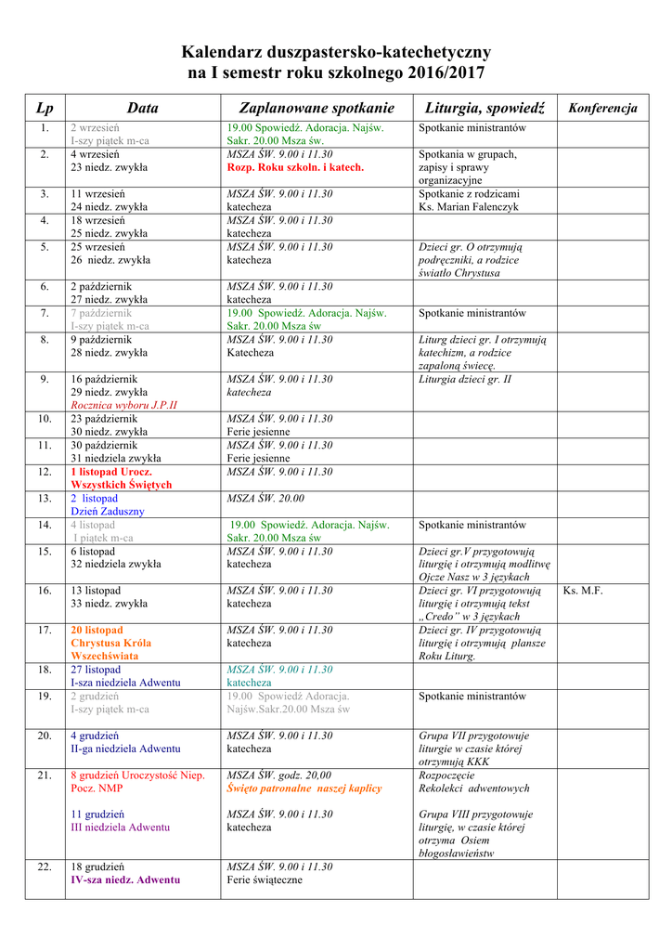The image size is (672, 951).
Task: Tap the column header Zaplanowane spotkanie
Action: click(x=317, y=109)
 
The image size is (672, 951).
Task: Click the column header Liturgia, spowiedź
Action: click(x=485, y=109)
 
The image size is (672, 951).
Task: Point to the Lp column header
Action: click(x=45, y=109)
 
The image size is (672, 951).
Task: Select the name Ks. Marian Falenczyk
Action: click(x=468, y=207)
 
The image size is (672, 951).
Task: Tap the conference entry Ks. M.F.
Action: click(x=583, y=591)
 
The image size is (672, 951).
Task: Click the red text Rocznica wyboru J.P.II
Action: click(x=123, y=405)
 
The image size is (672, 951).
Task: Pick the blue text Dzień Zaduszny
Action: click(x=108, y=512)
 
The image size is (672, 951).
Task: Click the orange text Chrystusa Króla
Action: click(x=111, y=643)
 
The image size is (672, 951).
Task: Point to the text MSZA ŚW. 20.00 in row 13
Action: click(x=265, y=499)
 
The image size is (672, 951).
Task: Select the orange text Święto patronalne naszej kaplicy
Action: click(x=304, y=788)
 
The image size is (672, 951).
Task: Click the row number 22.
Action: click(x=45, y=866)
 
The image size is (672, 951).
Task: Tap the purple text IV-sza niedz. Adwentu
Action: click(x=125, y=879)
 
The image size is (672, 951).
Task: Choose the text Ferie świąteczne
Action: click(x=265, y=879)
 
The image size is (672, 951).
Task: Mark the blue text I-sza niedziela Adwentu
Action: click(x=125, y=683)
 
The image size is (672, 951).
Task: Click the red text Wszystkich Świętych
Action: click(x=122, y=485)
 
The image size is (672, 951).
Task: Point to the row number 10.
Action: click(x=45, y=419)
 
